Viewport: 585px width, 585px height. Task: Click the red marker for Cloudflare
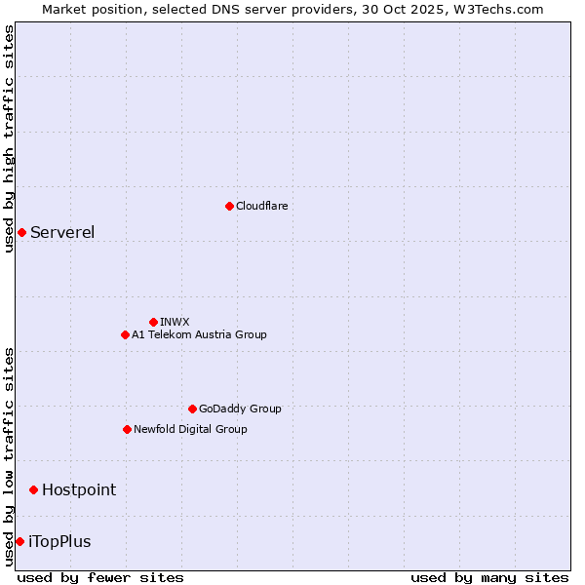pos(229,206)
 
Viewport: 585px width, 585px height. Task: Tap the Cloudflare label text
pos(261,206)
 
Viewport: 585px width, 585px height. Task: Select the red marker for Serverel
pos(21,232)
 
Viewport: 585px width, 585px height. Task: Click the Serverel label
pos(62,232)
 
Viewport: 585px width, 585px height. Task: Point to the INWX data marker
pos(153,322)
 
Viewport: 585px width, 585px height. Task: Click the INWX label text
pos(175,322)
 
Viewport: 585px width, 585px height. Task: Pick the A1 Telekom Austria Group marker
pos(125,334)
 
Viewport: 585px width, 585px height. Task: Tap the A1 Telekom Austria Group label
pos(199,334)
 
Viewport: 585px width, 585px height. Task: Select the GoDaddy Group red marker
pos(192,409)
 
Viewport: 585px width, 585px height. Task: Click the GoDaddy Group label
pos(240,409)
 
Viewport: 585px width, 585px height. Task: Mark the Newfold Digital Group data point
pos(127,429)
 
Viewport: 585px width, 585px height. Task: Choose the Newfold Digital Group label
pos(190,429)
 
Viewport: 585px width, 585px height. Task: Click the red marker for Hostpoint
pos(33,489)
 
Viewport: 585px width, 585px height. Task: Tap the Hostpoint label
pos(79,489)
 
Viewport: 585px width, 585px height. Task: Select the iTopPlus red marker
pos(19,541)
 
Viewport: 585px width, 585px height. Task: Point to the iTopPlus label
pos(59,541)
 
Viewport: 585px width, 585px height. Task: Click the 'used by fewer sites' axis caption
pos(100,577)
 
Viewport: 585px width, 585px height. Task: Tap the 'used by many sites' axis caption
pos(489,577)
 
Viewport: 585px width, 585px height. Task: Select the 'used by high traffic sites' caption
pos(9,138)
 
